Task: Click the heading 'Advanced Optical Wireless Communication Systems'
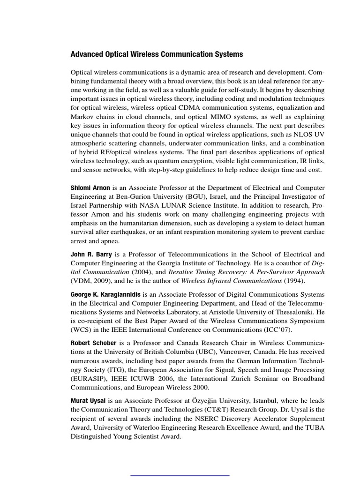point(157,54)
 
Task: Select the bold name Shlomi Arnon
point(90,187)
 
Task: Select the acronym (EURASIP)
point(90,379)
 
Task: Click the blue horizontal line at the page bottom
point(180,475)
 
